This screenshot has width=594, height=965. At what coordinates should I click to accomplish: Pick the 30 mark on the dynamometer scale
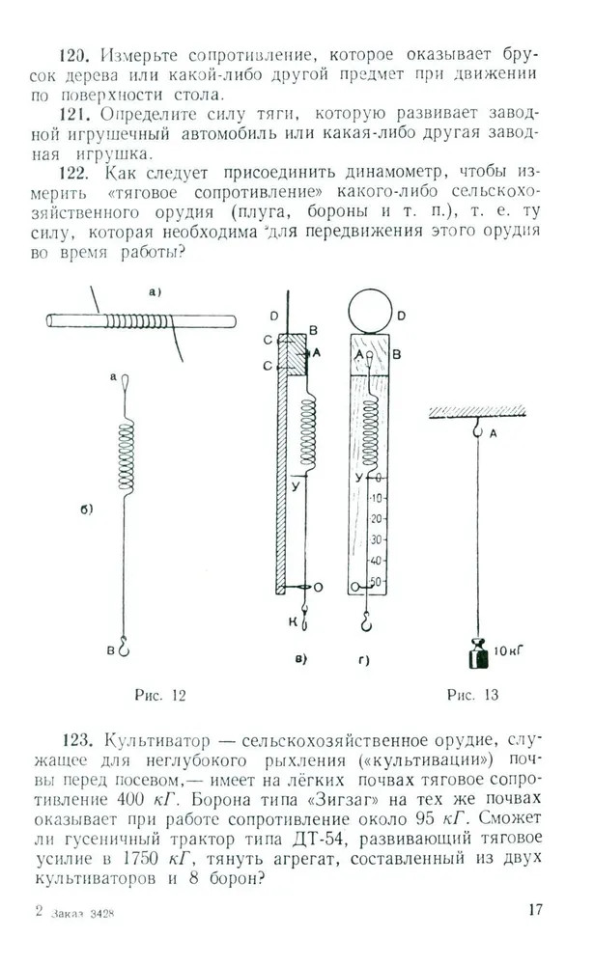(376, 540)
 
